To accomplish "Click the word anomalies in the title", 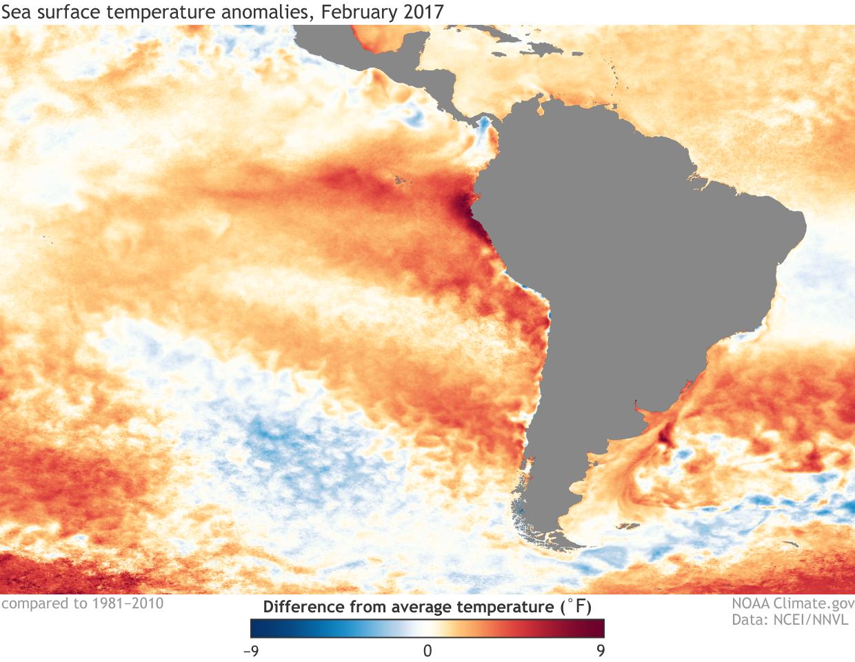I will (267, 12).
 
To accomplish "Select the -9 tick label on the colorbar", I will (251, 650).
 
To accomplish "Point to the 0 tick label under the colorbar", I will (428, 650).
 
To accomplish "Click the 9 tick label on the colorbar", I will (601, 650).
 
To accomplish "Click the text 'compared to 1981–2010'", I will (83, 604).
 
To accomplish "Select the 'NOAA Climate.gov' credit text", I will (793, 604).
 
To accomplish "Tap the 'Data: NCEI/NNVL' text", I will (790, 620).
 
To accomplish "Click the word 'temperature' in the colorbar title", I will (510, 608).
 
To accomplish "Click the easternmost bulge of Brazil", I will (804, 224).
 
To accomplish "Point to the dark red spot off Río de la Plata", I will (666, 435).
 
